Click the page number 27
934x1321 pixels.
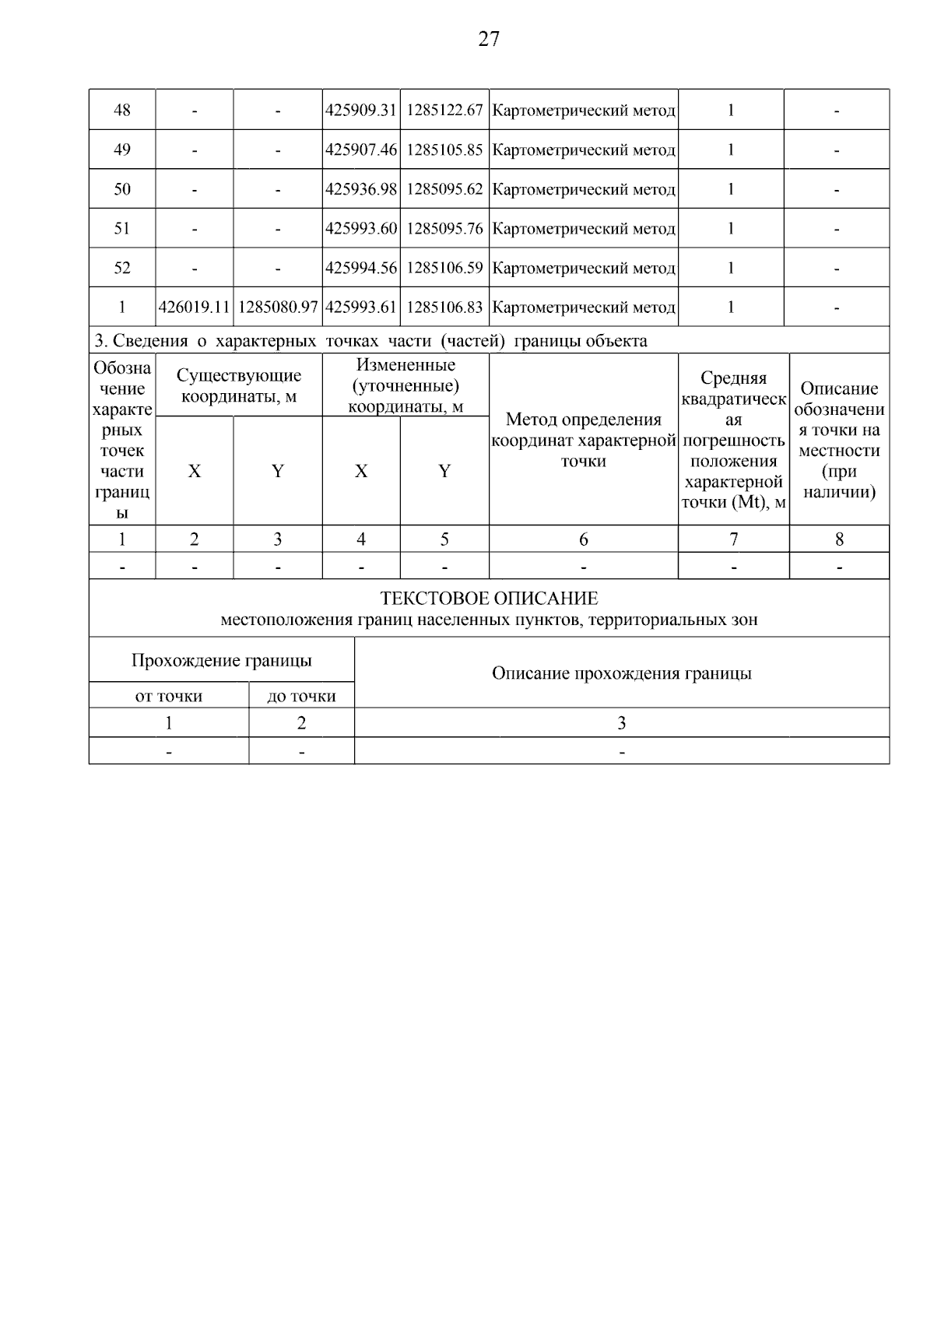pyautogui.click(x=488, y=39)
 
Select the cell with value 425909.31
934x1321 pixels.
pyautogui.click(x=361, y=111)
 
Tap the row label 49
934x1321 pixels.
pyautogui.click(x=122, y=149)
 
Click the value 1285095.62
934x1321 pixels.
pyautogui.click(x=444, y=189)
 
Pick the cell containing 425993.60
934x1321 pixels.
pyautogui.click(x=361, y=229)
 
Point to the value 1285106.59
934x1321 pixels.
pyautogui.click(x=444, y=268)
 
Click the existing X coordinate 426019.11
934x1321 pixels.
pyautogui.click(x=195, y=307)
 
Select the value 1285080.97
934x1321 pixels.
pyautogui.click(x=278, y=307)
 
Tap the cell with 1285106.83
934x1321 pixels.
pyautogui.click(x=444, y=307)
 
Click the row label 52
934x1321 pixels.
pyautogui.click(x=122, y=268)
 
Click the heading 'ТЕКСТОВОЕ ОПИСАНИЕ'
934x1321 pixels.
pyautogui.click(x=489, y=599)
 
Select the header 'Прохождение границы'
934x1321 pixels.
pyautogui.click(x=221, y=661)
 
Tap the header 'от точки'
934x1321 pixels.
pyautogui.click(x=169, y=696)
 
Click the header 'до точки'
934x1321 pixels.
pyautogui.click(x=301, y=696)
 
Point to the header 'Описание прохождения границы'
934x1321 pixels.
pyautogui.click(x=621, y=673)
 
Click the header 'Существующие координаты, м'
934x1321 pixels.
pyautogui.click(x=239, y=385)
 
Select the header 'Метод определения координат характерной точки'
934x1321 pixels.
pyautogui.click(x=583, y=440)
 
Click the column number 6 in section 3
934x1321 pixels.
pyautogui.click(x=583, y=539)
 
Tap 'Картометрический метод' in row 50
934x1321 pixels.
pyautogui.click(x=584, y=189)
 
